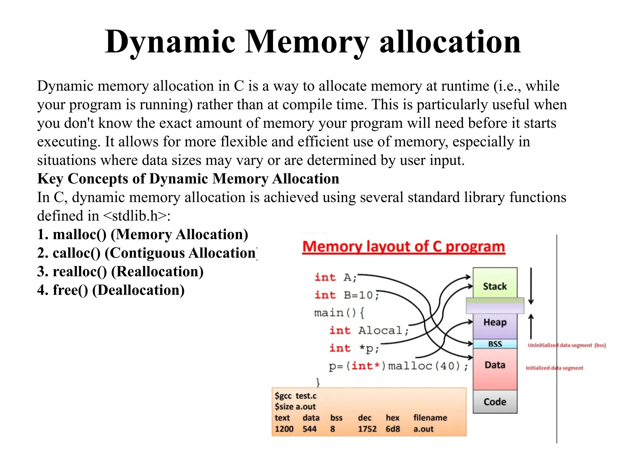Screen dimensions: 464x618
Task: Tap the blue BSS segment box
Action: pos(495,344)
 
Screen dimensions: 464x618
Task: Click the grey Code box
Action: pos(495,402)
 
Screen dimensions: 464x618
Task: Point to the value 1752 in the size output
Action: pos(367,429)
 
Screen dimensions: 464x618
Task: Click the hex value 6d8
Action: pos(393,429)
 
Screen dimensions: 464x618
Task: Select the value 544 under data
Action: pos(310,429)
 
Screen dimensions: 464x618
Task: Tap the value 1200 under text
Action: pos(284,429)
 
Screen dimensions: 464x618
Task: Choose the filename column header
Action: pos(430,418)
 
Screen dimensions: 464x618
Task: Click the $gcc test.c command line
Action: pos(296,396)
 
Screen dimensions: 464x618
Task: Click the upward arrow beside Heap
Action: pos(531,326)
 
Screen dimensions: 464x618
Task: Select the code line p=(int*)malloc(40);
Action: pos(398,366)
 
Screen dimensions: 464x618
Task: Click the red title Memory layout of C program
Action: pos(404,247)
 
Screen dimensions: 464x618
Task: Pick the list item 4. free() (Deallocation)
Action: pos(111,290)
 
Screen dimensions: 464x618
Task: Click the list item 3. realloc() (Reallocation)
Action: pos(120,272)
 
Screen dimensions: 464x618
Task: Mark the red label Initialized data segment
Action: pos(554,368)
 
